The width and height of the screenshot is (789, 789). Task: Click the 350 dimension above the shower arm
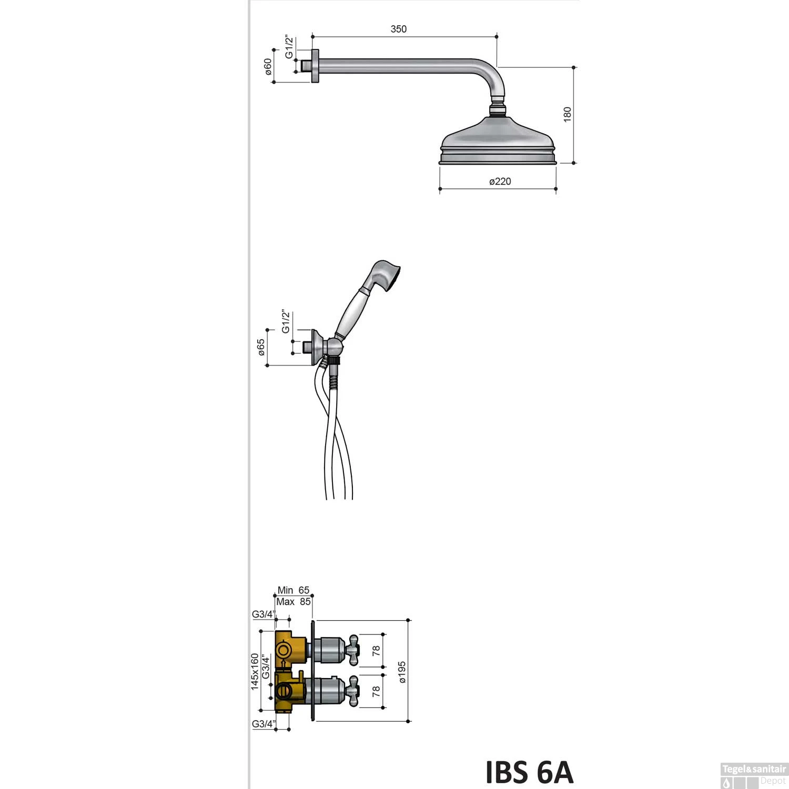(x=398, y=29)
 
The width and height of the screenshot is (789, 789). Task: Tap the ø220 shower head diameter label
(x=500, y=181)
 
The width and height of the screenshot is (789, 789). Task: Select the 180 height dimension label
(x=567, y=114)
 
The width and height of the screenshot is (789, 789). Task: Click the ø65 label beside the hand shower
(x=261, y=347)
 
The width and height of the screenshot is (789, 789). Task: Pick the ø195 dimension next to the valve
(x=402, y=672)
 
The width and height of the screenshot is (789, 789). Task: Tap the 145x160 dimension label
(x=255, y=672)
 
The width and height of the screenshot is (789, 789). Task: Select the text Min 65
(x=293, y=590)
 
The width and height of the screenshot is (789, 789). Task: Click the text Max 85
(x=293, y=602)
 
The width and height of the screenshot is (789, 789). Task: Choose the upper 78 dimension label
(x=376, y=651)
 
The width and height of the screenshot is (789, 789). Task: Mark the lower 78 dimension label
(x=376, y=692)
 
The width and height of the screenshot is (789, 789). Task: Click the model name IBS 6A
(x=529, y=772)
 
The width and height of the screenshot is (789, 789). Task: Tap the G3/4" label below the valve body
(x=263, y=724)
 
